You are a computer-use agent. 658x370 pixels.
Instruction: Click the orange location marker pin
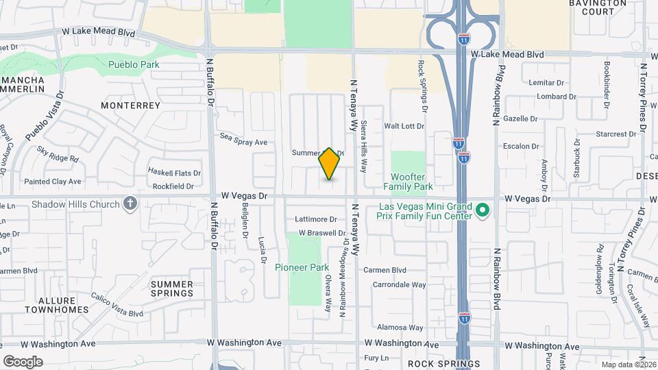tap(330, 164)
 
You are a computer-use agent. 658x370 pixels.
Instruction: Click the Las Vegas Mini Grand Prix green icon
tap(483, 210)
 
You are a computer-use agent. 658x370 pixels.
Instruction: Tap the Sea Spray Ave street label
tap(243, 140)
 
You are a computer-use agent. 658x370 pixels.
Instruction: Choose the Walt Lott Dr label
tap(404, 126)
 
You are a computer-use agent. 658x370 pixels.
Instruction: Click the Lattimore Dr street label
tap(316, 220)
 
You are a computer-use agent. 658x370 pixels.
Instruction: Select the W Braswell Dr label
tap(317, 233)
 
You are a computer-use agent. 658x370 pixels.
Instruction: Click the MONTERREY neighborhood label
tap(130, 106)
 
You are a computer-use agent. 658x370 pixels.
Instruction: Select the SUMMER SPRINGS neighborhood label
tap(172, 288)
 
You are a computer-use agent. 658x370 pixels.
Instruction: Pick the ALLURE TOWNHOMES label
tap(57, 305)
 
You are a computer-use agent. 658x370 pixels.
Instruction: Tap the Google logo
tap(23, 361)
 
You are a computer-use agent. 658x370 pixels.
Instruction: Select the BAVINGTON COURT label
tap(597, 8)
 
